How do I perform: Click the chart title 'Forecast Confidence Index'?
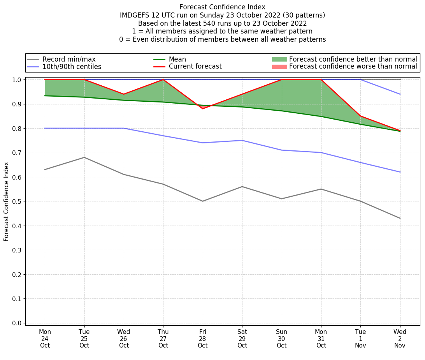(222, 7)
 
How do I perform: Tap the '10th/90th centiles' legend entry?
(72, 67)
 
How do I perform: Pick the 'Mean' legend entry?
(177, 59)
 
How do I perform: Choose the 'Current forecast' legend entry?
(195, 67)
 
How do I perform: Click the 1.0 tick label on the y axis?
(16, 80)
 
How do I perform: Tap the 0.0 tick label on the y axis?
(16, 323)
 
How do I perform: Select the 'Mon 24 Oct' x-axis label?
(45, 339)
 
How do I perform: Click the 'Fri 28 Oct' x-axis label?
(202, 339)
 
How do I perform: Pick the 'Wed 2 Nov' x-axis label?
(400, 339)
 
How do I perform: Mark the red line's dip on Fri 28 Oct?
(203, 109)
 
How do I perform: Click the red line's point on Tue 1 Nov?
(360, 116)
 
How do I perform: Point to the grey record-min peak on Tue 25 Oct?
(84, 157)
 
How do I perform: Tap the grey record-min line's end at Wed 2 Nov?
(400, 218)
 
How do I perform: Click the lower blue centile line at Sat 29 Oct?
(242, 140)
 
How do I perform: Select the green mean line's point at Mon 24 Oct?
(45, 96)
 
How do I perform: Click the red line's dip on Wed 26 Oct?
(124, 94)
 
